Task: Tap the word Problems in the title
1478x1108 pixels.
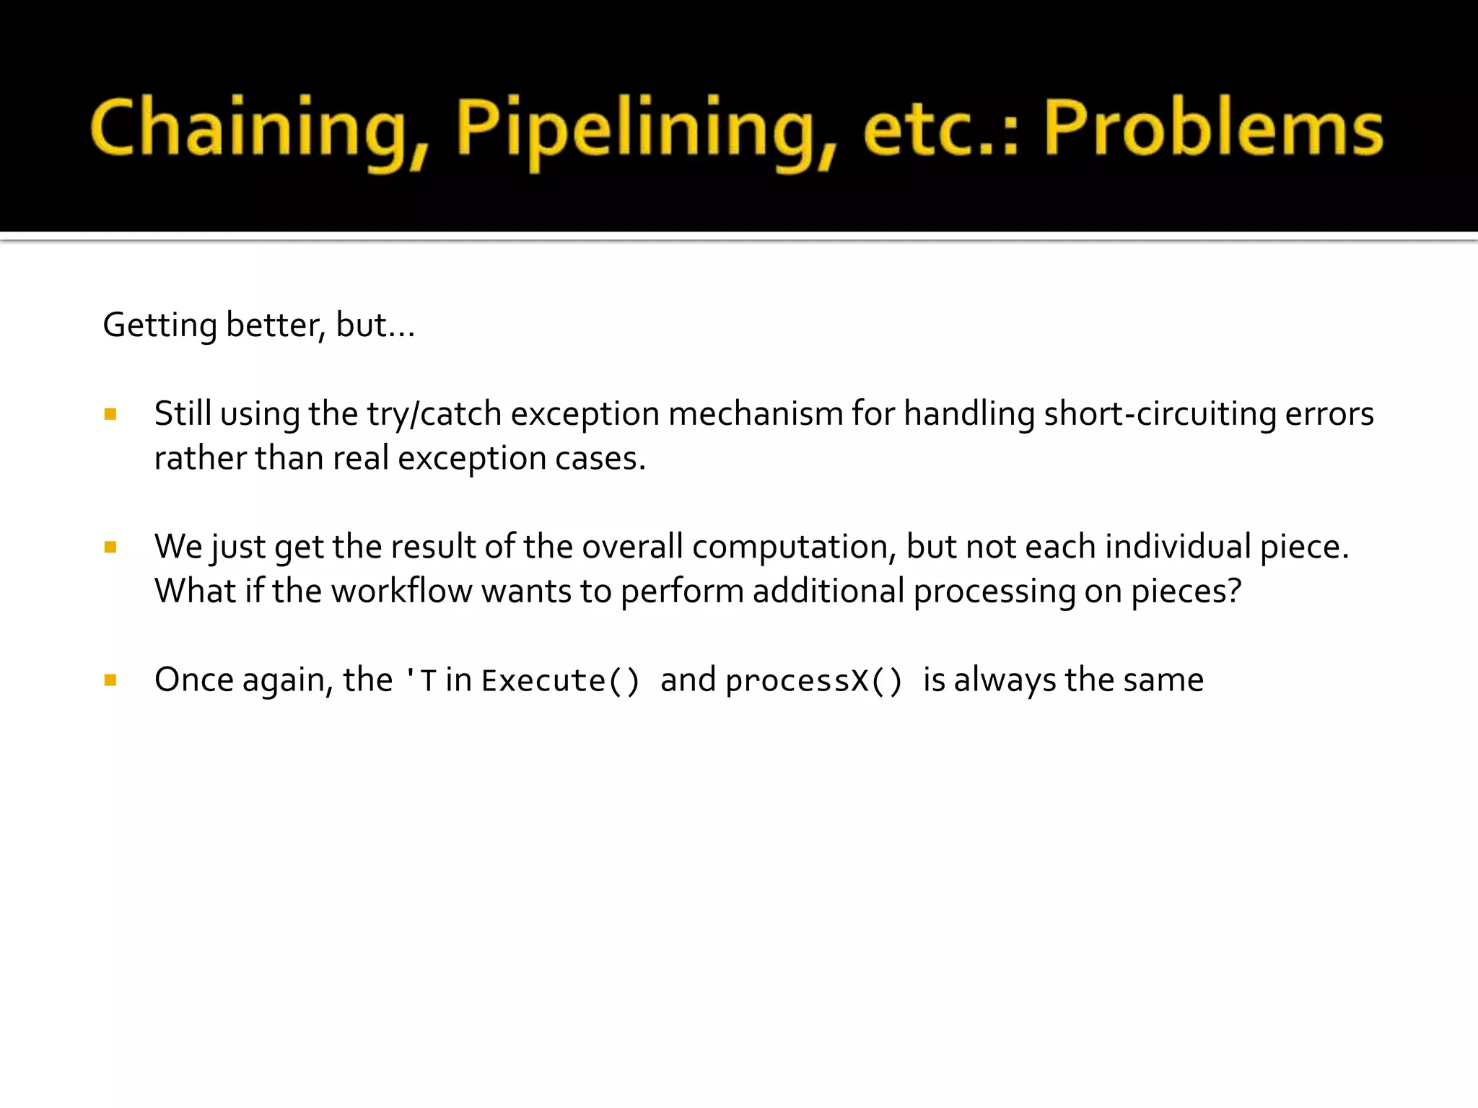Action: (1213, 128)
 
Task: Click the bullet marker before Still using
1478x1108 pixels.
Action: (110, 414)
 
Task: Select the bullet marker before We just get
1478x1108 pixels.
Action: (110, 548)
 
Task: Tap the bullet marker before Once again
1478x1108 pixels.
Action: (110, 680)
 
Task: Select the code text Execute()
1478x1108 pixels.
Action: (561, 681)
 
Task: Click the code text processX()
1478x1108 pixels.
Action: (814, 681)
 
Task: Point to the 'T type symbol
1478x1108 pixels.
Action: (421, 681)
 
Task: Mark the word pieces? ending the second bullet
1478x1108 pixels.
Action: (1186, 592)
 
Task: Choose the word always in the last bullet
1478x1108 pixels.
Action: (1005, 681)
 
